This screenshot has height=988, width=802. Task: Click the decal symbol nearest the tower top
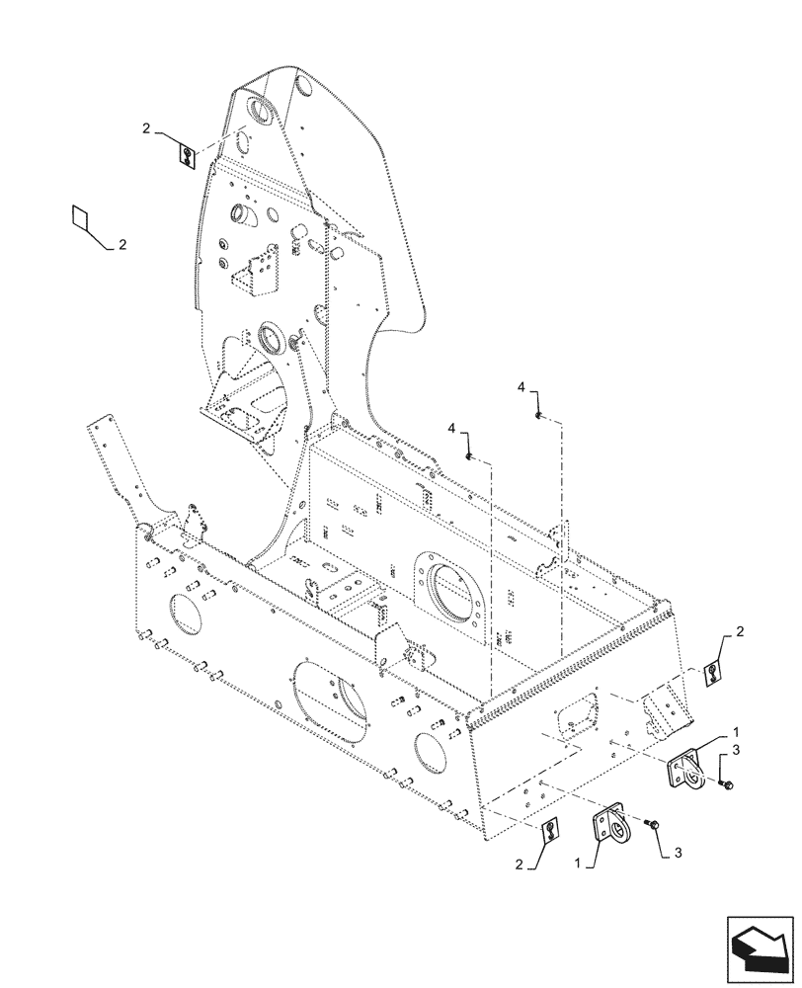[187, 154]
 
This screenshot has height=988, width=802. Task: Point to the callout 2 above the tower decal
[145, 128]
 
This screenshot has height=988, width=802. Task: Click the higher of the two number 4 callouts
[521, 390]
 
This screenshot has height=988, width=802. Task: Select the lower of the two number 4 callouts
[451, 428]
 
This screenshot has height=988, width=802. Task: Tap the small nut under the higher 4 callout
[536, 415]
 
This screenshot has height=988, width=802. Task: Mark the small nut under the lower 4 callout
[470, 455]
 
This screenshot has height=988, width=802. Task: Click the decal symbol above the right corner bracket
[711, 674]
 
